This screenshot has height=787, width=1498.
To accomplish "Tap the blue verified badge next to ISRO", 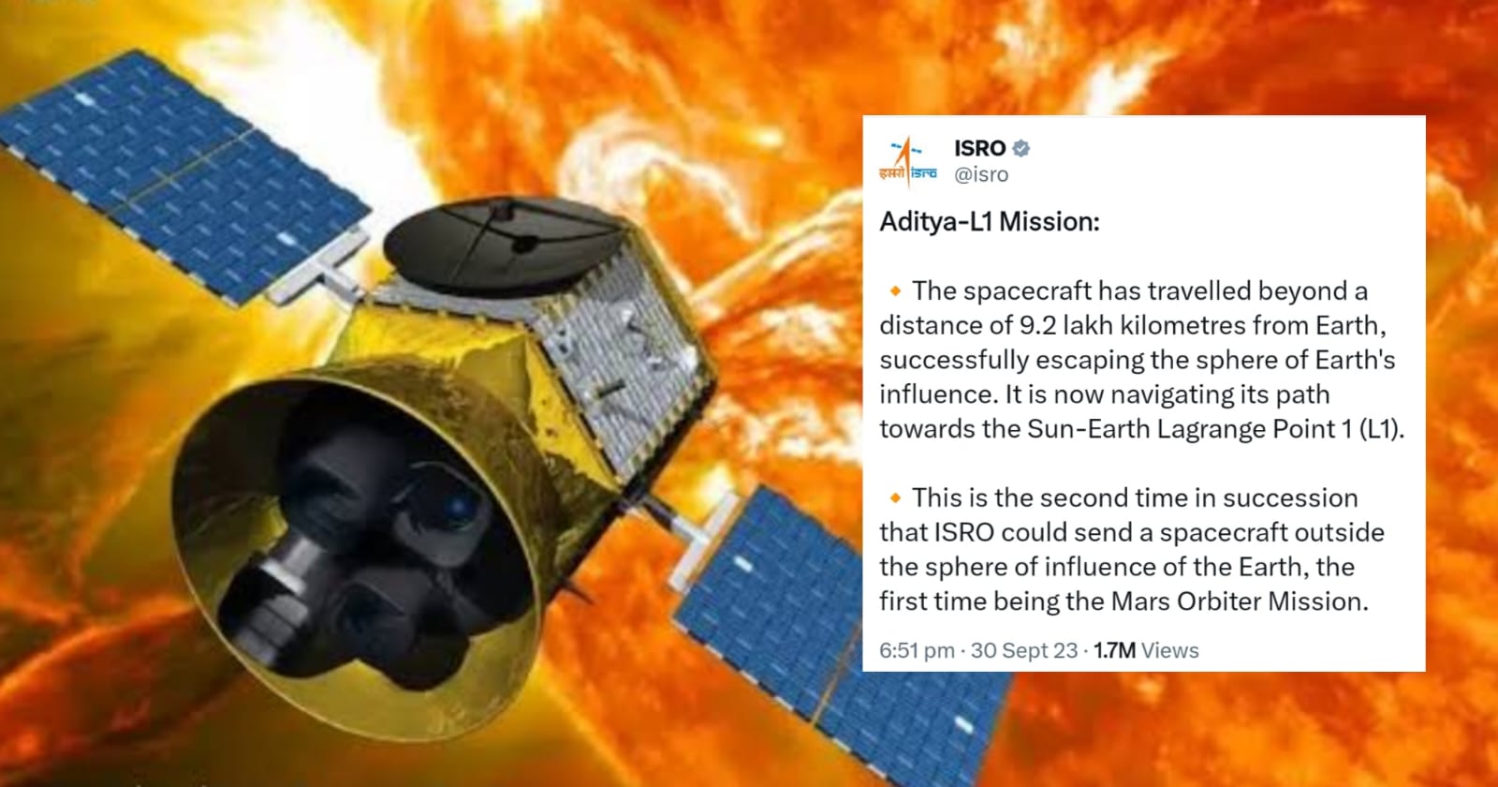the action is coord(1021,148).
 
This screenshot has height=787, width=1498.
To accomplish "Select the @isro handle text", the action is coord(981,174).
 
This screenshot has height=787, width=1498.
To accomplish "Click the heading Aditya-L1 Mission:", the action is coord(989,221).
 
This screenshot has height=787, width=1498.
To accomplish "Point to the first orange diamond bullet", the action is coord(895,291).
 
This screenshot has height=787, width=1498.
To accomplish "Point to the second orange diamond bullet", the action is coord(895,497).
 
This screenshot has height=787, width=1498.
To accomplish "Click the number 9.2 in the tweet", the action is coord(1038,325).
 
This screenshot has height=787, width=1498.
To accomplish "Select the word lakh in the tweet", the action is coord(1088,325).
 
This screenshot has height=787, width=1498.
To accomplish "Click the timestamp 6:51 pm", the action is coord(917,650).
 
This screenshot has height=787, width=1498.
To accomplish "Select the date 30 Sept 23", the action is coord(1024,650).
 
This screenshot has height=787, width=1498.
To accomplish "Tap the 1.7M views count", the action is coord(1146,650).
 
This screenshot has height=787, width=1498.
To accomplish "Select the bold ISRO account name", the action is coord(979,148).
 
